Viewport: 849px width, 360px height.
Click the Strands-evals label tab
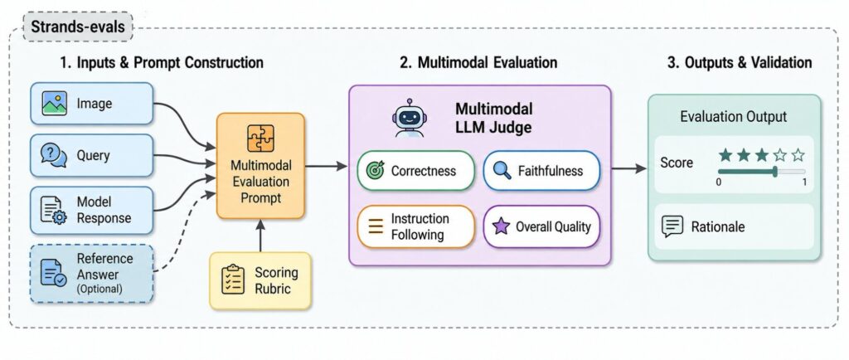click(x=78, y=27)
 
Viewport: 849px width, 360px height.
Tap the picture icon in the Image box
click(x=54, y=104)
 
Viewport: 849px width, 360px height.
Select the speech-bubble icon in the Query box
click(x=54, y=156)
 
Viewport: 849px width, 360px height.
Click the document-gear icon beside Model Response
click(x=54, y=210)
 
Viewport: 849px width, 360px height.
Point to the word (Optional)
click(x=99, y=289)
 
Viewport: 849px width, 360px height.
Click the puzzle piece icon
click(x=260, y=138)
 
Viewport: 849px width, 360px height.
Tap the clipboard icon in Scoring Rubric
click(x=234, y=280)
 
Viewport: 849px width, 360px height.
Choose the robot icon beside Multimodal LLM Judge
click(x=410, y=118)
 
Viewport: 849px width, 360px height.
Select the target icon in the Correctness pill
click(x=375, y=171)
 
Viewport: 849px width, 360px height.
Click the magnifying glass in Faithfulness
click(x=502, y=171)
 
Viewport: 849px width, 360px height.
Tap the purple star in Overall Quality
click(x=502, y=226)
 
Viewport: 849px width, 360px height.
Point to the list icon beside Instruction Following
click(x=376, y=226)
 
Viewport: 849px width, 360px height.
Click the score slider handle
click(x=775, y=171)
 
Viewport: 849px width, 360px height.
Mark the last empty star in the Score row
click(x=798, y=156)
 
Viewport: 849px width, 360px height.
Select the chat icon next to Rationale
click(x=673, y=226)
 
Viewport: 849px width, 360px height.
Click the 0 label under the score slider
click(x=719, y=182)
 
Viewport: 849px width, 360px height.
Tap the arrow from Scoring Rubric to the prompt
click(x=260, y=236)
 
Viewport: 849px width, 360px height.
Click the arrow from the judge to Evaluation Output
click(x=629, y=169)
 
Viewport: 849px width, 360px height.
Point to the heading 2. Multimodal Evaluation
click(x=478, y=63)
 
